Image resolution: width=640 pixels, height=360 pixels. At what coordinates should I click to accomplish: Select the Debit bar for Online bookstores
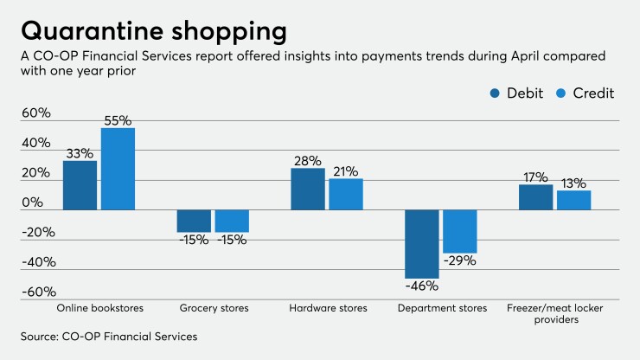coord(80,185)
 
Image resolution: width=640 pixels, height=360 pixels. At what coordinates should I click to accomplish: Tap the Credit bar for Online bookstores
coord(118,169)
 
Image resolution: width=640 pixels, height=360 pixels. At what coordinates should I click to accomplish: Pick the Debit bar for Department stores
coord(422,244)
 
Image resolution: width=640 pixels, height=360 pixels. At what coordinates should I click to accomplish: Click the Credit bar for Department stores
coord(460,231)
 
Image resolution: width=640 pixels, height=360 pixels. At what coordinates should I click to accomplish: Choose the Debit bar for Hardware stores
coord(308,189)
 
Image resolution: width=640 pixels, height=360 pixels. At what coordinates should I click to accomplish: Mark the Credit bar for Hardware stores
coord(346,194)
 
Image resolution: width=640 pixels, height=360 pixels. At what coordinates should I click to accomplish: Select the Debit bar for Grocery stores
coord(194,221)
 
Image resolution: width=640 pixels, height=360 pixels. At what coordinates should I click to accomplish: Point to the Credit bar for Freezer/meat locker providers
coord(574,200)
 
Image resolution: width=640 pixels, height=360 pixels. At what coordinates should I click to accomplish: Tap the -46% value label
coord(421,287)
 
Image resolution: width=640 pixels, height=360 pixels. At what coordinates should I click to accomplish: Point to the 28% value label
coord(307,160)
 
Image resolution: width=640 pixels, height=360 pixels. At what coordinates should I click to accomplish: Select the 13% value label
coord(573,183)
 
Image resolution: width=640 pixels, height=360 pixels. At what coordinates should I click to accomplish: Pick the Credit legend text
coord(597,93)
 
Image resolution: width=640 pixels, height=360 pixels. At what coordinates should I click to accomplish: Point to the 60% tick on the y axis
coord(36,113)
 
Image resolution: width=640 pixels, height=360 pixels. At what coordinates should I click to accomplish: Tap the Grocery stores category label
coord(214,308)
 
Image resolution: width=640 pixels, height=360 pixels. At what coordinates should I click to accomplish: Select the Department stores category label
coord(442,308)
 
